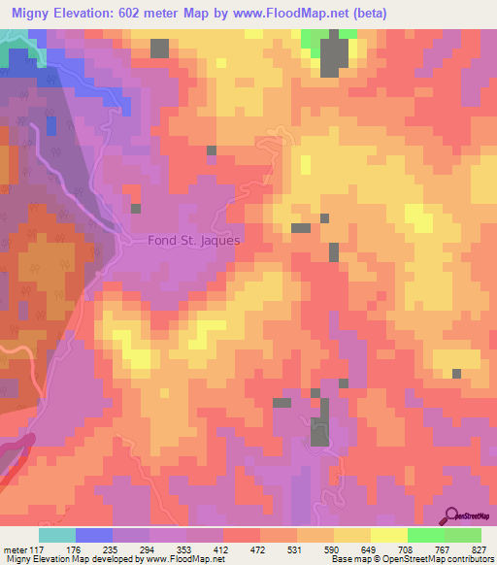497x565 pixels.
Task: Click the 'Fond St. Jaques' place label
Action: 193,240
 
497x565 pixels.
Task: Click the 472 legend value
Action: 259,548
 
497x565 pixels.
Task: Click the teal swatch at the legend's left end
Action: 56,535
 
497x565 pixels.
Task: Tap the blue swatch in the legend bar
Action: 93,535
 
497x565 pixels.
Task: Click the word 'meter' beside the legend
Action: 12,548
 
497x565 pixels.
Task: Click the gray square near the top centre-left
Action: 159,49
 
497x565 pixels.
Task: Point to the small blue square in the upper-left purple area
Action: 50,124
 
